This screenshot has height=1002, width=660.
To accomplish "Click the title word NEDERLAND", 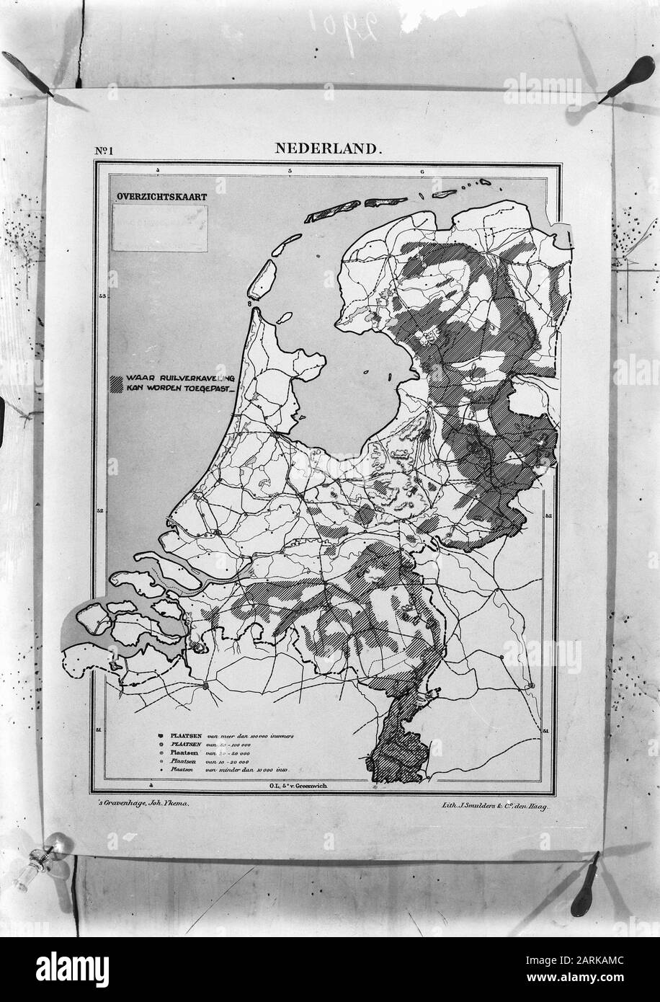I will pyautogui.click(x=326, y=149).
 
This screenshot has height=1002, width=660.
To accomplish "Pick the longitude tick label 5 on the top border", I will pyautogui.click(x=289, y=171).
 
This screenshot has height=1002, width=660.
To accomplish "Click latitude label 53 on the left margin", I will pyautogui.click(x=102, y=296).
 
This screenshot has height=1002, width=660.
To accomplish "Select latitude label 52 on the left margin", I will pyautogui.click(x=102, y=511).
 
